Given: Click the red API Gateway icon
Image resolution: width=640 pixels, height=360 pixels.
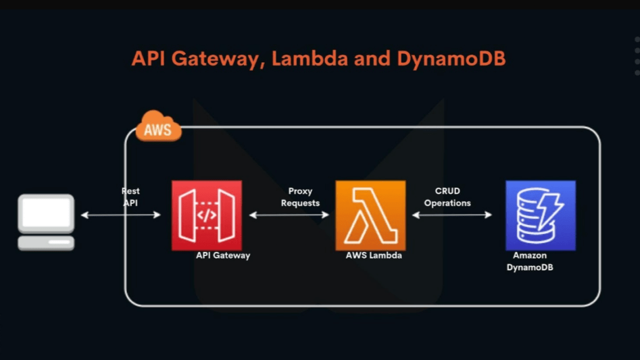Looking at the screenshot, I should (207, 215).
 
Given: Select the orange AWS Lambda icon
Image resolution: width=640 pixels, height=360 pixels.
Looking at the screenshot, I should (370, 215).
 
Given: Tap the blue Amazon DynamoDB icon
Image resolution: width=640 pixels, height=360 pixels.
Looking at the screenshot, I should (540, 215).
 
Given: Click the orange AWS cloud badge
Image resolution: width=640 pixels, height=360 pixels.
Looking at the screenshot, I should (159, 127).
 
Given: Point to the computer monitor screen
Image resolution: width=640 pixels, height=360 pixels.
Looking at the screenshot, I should (46, 213).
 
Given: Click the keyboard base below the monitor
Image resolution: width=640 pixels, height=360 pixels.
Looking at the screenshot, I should (46, 242).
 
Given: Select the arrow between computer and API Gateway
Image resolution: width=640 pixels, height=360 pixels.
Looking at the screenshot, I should (121, 215).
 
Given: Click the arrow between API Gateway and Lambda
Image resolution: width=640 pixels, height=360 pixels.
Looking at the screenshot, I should (289, 215).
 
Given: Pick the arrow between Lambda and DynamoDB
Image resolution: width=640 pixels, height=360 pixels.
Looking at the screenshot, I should (452, 215).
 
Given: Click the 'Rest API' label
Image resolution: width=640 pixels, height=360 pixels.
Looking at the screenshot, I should (130, 197).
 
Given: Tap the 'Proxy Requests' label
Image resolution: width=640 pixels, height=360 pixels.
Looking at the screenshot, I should (300, 197).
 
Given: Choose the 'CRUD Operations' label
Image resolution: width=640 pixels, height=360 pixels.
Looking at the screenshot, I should (447, 197).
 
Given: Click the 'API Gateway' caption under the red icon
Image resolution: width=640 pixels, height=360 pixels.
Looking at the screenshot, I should (223, 256).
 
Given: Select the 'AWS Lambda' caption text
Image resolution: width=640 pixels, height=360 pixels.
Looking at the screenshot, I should (374, 256).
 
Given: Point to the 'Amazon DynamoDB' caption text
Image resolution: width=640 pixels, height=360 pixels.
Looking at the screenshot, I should (529, 261).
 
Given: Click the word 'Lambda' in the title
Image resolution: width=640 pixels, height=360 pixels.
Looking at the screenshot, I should (309, 59).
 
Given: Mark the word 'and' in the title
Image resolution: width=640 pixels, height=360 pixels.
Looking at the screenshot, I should (371, 59).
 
